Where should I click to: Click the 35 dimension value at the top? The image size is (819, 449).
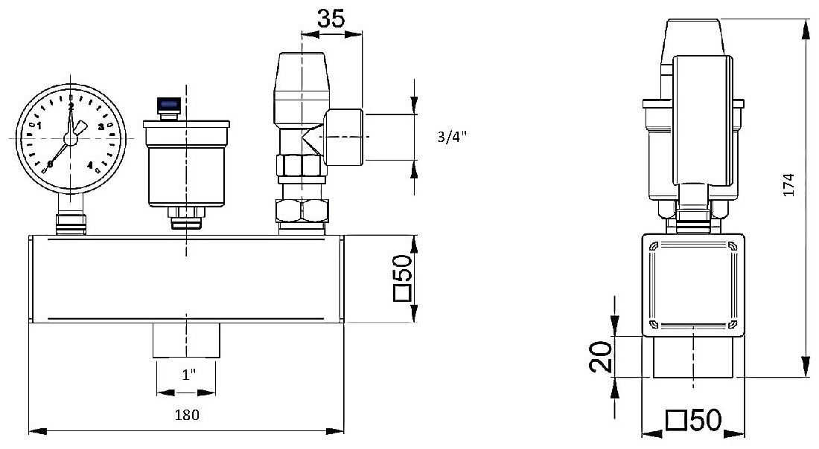point(331,19)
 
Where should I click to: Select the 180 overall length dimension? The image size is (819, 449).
point(187,415)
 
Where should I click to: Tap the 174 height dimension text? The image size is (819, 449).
point(788,185)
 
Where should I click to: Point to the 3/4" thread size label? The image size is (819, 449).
point(452,137)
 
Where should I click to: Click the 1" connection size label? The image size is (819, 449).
point(188,375)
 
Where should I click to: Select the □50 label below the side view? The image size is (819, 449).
point(694,420)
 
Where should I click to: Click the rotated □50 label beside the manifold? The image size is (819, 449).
point(403,278)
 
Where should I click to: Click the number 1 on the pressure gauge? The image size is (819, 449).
point(39,125)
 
